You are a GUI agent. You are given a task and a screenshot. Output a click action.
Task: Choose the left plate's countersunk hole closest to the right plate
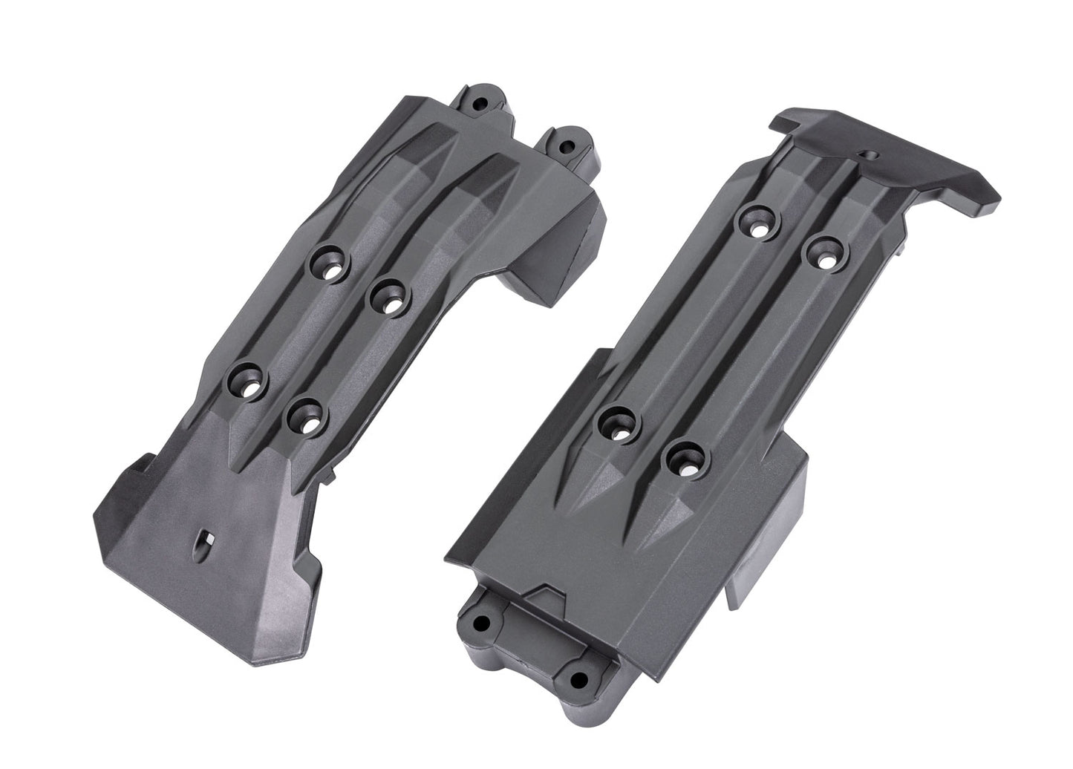tap(388, 299)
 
